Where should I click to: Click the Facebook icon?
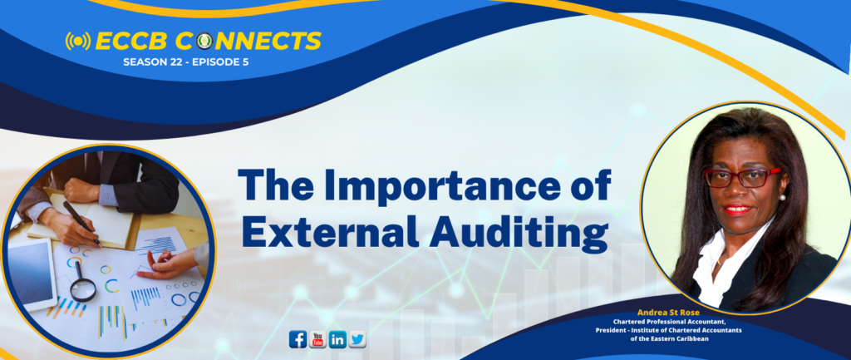click(x=298, y=339)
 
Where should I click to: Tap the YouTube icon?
click(x=317, y=339)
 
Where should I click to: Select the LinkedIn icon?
click(x=337, y=339)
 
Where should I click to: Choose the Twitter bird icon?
click(x=357, y=339)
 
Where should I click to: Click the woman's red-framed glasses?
click(x=741, y=178)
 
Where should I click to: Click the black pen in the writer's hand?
click(x=81, y=223)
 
